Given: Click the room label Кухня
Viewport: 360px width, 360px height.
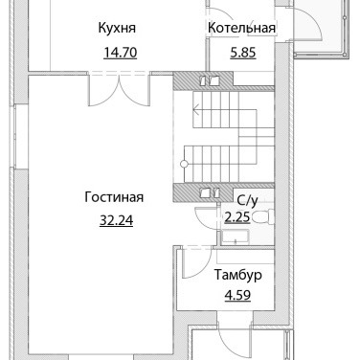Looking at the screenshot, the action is [117, 28].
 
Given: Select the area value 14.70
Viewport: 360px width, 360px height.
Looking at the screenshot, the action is [121, 53].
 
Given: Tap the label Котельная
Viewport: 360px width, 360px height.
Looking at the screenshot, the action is [241, 28].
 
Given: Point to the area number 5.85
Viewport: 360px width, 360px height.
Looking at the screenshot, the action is [243, 53].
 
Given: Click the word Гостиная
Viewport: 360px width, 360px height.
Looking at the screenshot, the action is [114, 197].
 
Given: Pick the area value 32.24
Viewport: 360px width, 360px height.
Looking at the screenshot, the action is [116, 220].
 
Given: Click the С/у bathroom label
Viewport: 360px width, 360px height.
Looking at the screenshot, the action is [247, 201].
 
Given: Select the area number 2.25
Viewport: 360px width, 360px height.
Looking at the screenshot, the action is [237, 217].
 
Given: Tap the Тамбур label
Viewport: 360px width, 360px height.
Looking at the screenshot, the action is [237, 275].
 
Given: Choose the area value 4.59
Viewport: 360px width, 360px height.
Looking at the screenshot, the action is [237, 296].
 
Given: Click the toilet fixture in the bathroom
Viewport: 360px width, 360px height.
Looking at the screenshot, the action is [262, 216].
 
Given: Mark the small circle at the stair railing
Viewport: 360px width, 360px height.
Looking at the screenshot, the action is [184, 165].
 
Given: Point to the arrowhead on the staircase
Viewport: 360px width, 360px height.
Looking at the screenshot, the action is [196, 111].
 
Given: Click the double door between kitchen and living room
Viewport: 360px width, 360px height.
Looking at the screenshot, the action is [119, 90].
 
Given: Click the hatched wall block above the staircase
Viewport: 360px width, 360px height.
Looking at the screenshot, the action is [203, 80].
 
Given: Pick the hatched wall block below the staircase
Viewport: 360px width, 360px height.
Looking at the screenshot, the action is [203, 192].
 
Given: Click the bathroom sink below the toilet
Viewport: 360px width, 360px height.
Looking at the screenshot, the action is [236, 239].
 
